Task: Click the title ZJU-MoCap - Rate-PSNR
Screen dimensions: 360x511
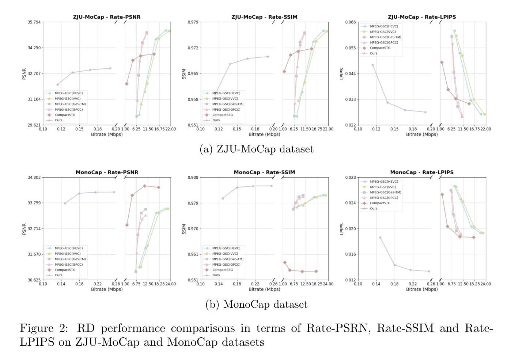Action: coord(106,17)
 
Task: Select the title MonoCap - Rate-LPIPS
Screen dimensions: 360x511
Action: coord(421,172)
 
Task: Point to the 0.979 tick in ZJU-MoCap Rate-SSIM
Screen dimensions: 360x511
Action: coord(193,22)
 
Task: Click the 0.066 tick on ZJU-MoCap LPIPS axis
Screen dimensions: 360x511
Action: coord(350,22)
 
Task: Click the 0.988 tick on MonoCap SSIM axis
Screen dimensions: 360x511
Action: coord(193,177)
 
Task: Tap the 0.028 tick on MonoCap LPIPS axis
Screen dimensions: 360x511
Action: coord(350,177)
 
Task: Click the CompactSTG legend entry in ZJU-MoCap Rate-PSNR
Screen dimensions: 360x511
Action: coord(65,115)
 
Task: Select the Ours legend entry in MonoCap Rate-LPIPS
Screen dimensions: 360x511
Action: coord(373,208)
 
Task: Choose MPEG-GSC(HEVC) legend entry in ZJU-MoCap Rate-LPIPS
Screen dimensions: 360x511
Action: coord(384,26)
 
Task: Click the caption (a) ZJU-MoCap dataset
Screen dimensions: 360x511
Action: coord(257,149)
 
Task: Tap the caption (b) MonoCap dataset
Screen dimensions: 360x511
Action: coord(257,304)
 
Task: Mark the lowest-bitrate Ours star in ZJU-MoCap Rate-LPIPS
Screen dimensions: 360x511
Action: coord(373,65)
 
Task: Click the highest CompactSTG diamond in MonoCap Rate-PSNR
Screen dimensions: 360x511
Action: coord(144,186)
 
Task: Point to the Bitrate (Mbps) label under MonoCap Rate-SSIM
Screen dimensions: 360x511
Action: coord(264,289)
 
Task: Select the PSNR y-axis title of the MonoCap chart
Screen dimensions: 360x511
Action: coord(24,229)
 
